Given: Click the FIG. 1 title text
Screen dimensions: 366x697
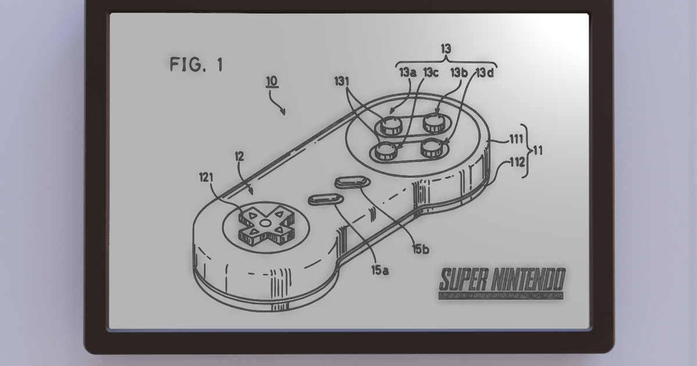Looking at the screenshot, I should coord(196,64).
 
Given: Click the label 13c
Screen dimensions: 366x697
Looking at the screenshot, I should coord(430,73).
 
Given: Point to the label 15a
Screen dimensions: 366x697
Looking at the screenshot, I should coord(380,269).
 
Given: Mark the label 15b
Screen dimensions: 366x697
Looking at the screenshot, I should coord(421,250).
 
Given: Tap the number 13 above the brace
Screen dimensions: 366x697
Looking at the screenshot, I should coord(445,49).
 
